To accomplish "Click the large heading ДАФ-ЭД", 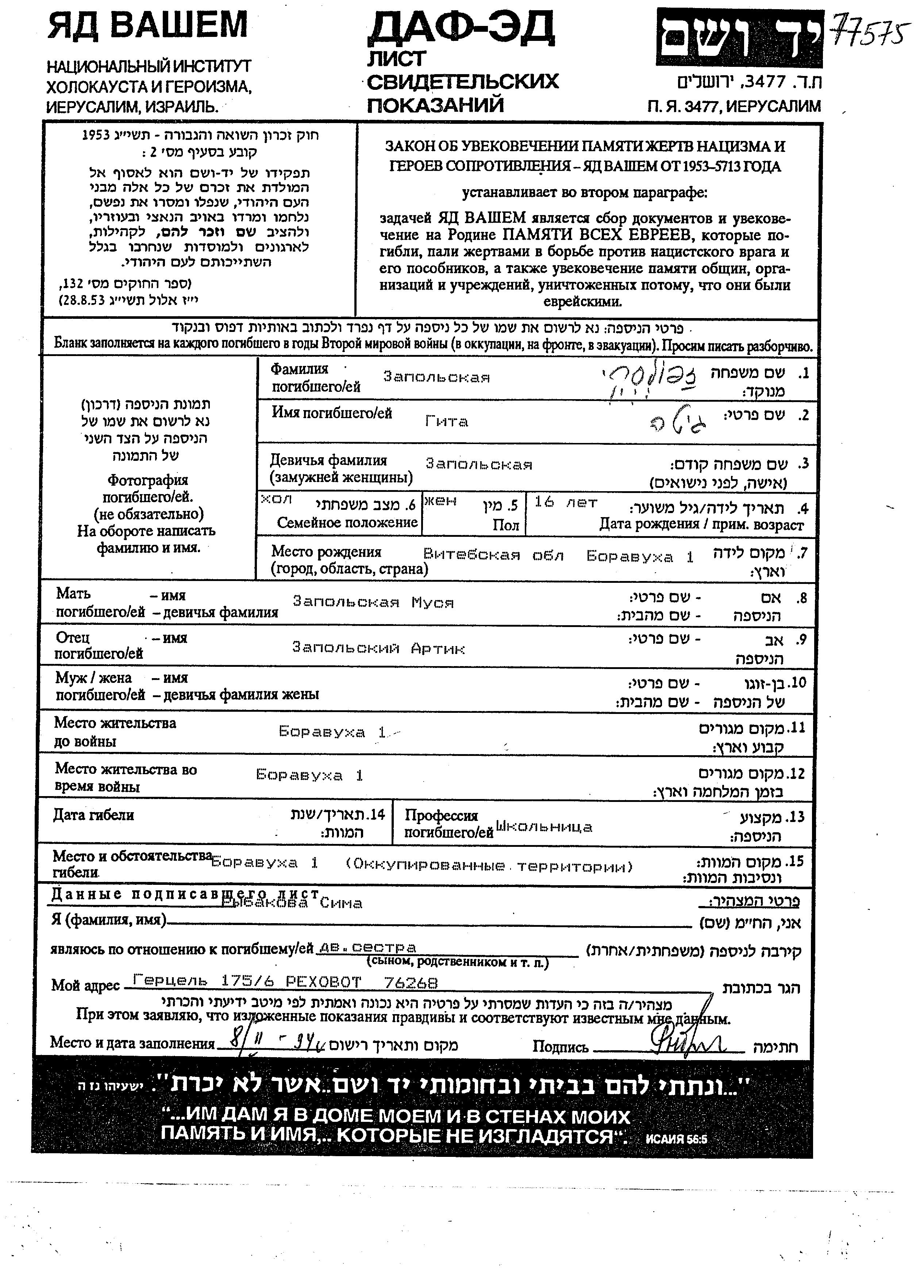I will coord(460,29).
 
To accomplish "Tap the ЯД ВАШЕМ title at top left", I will coord(147,26).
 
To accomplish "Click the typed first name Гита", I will coord(446,421).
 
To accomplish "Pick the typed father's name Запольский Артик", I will coord(378,649).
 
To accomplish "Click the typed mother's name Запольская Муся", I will coord(373,603).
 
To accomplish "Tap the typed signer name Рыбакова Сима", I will coord(292,902).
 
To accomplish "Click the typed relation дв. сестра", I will coord(367,947).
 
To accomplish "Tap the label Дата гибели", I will coord(93,815).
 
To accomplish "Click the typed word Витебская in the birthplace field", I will coord(472,555).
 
